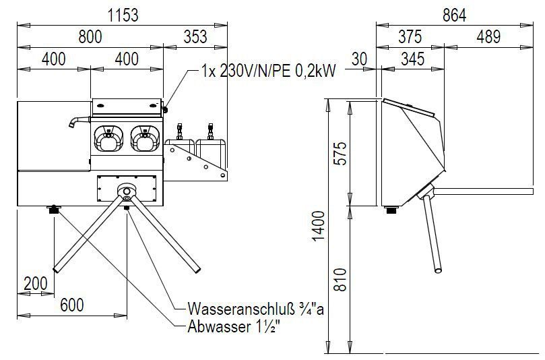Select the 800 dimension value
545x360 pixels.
[x=90, y=37]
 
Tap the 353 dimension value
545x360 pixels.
[x=195, y=37]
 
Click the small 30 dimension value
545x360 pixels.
[x=359, y=59]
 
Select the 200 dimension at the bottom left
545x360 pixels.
[x=35, y=282]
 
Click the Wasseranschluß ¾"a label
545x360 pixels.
[x=255, y=309]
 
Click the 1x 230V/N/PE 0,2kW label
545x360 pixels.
[x=268, y=71]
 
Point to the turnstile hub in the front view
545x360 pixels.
[x=127, y=192]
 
